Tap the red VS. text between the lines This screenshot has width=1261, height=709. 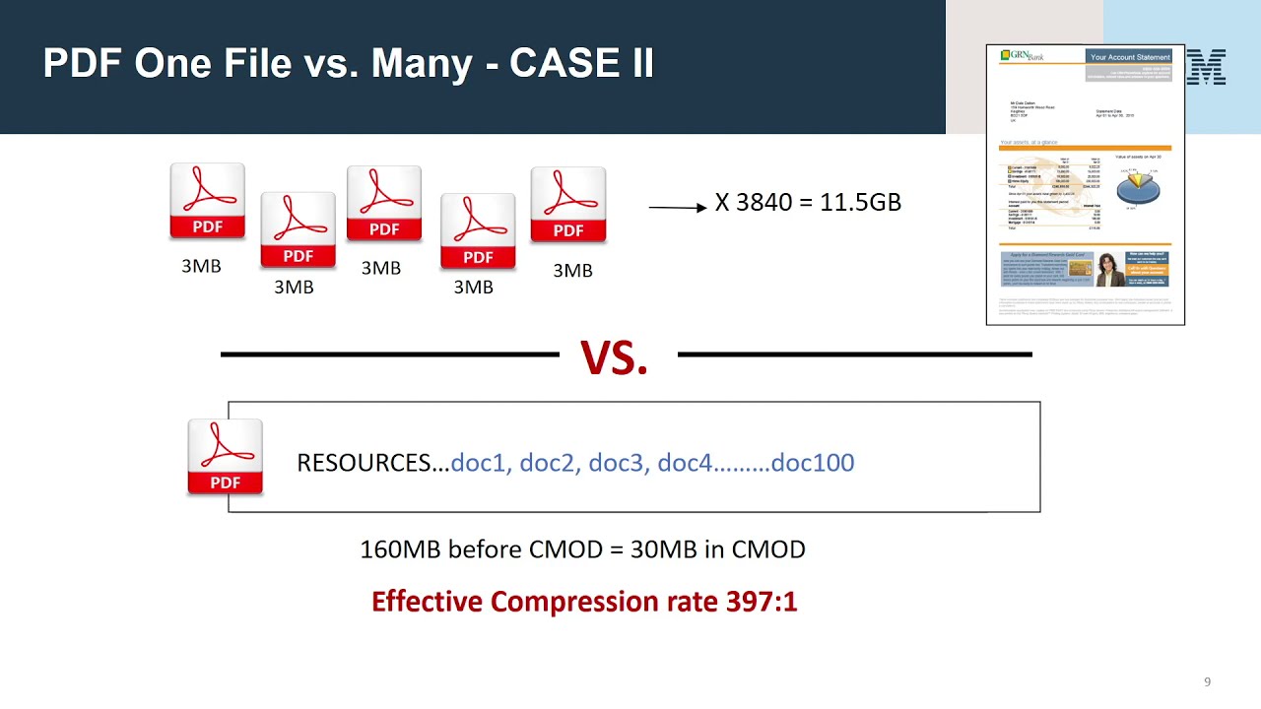pos(614,357)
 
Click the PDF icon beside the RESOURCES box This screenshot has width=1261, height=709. pos(226,457)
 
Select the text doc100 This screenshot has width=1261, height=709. pos(813,463)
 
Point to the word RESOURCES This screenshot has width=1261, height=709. pos(372,463)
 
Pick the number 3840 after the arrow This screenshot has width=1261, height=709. pos(763,203)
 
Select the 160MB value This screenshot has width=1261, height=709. pos(401,549)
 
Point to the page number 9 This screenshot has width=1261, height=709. pos(1207,681)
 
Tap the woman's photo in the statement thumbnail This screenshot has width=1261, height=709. pos(1110,269)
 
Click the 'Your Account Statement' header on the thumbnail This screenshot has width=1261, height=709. pos(1130,57)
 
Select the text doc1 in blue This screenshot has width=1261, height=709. pos(479,463)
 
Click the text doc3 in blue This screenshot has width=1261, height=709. pos(617,463)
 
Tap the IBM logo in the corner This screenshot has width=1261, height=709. pos(1208,67)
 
